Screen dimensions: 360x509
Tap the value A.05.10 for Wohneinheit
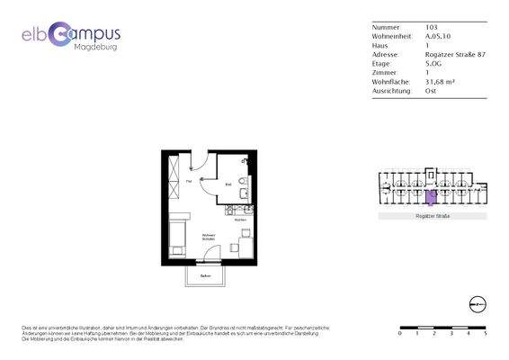point(439,36)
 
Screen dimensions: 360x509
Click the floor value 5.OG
point(433,63)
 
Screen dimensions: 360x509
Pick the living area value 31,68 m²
point(440,81)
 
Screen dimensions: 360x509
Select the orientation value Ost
point(430,90)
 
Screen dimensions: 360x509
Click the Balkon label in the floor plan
point(206,274)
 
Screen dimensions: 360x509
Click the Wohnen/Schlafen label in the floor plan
point(210,237)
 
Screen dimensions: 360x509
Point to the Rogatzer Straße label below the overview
point(433,217)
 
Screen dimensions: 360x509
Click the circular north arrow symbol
point(478,303)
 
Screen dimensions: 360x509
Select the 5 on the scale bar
point(486,333)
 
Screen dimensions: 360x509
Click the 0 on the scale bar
point(400,333)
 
